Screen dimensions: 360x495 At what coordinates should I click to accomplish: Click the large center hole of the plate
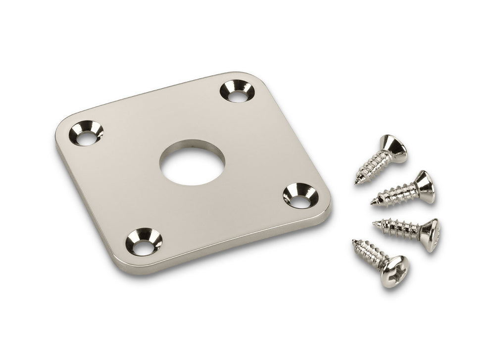[x=192, y=163]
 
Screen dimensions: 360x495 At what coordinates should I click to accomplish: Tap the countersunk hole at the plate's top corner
[x=238, y=92]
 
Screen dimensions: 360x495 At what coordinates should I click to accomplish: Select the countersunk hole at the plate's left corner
[x=86, y=134]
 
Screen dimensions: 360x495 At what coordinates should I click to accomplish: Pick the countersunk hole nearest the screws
[x=300, y=195]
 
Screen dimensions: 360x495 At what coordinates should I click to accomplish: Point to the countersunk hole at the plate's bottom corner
[x=144, y=242]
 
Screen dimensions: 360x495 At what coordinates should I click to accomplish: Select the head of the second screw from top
[x=424, y=187]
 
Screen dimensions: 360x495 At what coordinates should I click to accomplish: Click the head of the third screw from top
[x=429, y=235]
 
